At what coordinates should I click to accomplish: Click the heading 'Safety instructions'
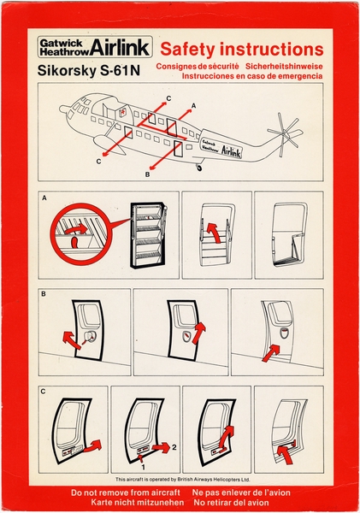242,49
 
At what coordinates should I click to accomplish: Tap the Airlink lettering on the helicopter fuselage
232,151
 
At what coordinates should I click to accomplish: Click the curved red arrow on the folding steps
215,233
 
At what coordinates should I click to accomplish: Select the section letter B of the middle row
44,294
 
